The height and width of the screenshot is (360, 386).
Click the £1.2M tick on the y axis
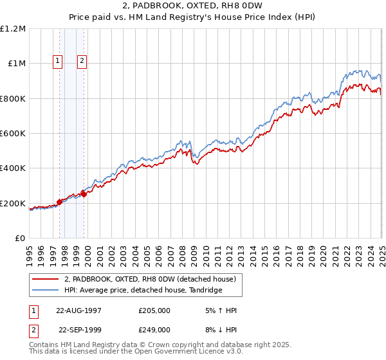coord(14,29)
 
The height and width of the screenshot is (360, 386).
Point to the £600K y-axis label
coord(13,134)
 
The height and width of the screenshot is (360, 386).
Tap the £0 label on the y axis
coord(20,239)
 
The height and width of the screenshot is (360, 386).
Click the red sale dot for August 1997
coord(60,202)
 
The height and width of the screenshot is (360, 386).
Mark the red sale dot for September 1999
coord(84,194)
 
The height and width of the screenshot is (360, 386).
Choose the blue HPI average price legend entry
coord(143,291)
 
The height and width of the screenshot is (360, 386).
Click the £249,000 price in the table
coord(154,330)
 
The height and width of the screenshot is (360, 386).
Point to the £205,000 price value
coord(154,310)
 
